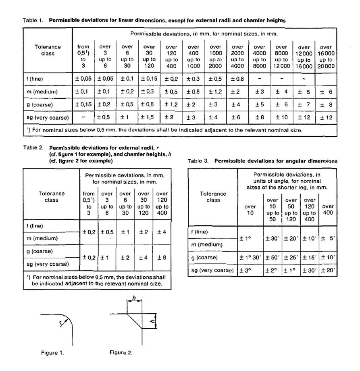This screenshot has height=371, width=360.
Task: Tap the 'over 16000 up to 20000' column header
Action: point(327,57)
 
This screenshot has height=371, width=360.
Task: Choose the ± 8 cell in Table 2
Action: point(162,257)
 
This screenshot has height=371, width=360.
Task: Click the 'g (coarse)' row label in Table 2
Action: point(42,251)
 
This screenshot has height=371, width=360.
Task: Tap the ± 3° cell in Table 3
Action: point(246,270)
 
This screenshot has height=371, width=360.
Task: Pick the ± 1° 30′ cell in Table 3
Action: point(250,257)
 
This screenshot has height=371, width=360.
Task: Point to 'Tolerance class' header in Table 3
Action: point(213,197)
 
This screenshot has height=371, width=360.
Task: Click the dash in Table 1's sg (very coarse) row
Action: point(83,118)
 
